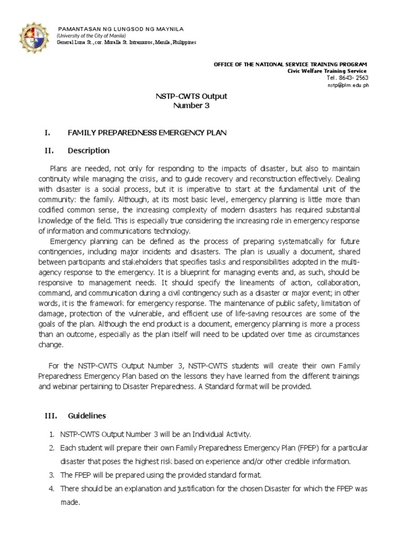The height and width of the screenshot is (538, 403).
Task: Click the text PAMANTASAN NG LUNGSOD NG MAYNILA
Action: point(113,28)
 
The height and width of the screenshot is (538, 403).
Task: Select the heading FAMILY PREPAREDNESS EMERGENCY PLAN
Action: point(147,133)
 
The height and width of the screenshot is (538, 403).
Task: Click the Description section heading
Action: point(89,151)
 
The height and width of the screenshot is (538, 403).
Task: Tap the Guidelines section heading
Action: point(87,416)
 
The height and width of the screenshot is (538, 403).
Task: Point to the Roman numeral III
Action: point(50,416)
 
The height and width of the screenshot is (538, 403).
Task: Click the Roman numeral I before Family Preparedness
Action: point(46,133)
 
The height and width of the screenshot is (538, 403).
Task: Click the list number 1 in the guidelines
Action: point(51,434)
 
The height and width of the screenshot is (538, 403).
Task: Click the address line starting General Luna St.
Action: point(126,42)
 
